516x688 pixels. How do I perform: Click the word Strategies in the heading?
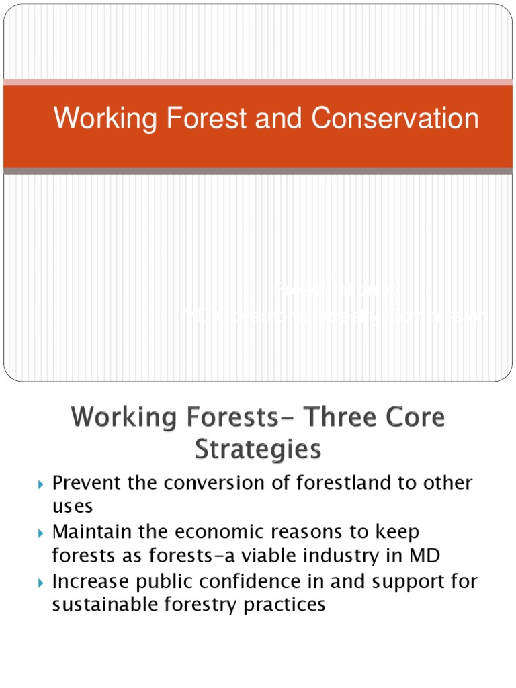pyautogui.click(x=258, y=449)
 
